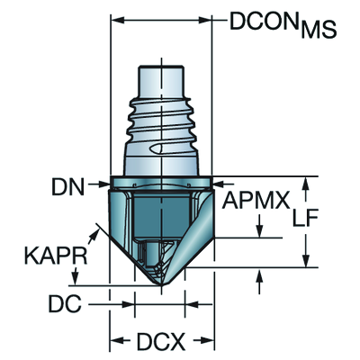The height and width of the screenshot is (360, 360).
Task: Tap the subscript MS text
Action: (319, 30)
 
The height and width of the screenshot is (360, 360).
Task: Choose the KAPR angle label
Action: (55, 257)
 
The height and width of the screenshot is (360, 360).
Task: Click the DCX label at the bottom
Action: (163, 342)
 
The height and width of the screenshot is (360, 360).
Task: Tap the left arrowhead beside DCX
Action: (116, 342)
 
